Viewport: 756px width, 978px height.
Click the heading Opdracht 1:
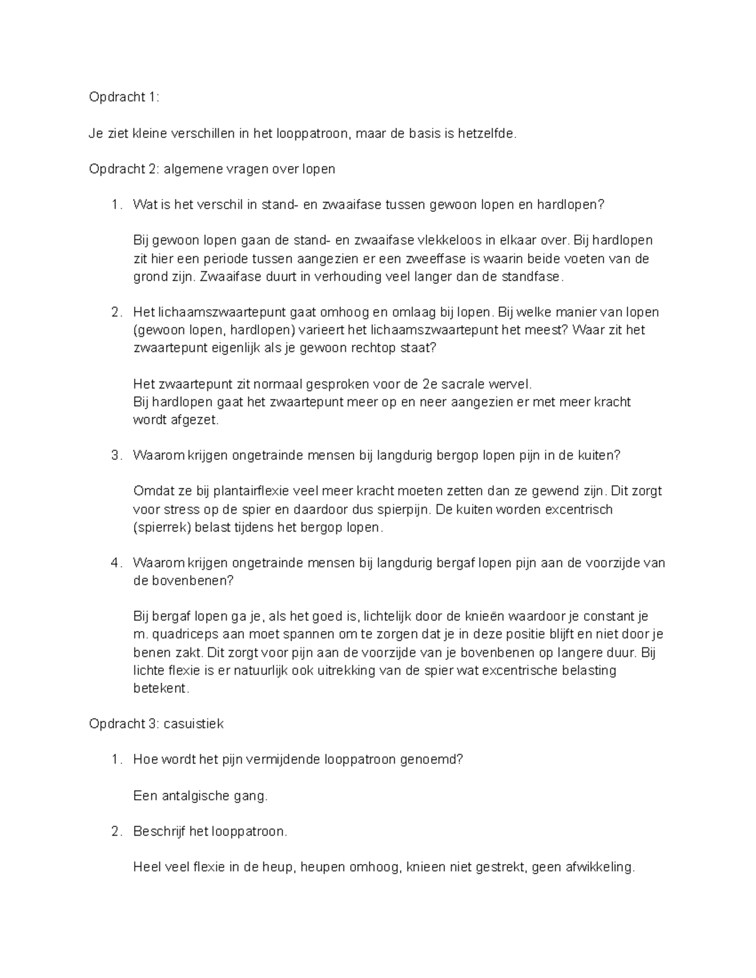[124, 97]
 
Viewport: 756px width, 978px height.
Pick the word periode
[236, 258]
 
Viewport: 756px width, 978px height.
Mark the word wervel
[513, 384]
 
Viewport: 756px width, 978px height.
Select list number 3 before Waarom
[115, 455]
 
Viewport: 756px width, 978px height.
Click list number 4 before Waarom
[115, 563]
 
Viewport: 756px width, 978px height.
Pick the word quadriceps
[183, 634]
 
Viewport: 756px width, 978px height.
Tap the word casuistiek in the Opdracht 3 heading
[193, 724]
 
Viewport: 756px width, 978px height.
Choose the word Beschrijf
[159, 831]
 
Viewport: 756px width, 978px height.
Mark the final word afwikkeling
[597, 867]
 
